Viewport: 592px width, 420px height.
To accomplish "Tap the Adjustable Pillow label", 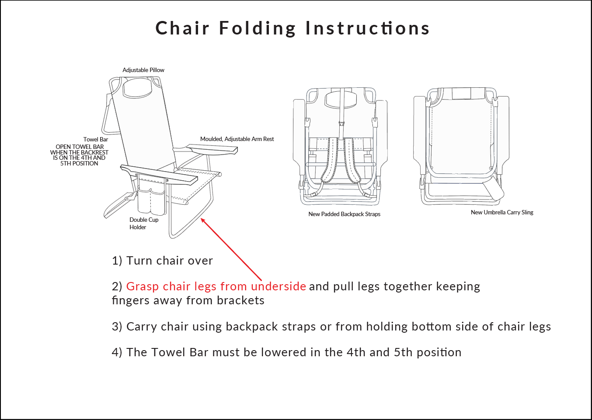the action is point(143,70).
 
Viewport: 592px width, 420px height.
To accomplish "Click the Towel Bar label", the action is point(96,139).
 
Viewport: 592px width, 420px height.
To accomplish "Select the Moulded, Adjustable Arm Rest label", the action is point(237,139).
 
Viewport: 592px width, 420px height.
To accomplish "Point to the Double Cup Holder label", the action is point(144,224).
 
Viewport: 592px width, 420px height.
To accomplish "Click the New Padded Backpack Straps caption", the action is point(344,214).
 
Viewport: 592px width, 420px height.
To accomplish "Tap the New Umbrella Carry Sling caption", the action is point(502,212).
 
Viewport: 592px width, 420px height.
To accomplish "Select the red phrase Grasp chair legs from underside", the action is point(216,286).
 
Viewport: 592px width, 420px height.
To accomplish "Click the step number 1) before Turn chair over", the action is point(117,261).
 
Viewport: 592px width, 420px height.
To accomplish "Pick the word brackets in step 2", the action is point(240,300).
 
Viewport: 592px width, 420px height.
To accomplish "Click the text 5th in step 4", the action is point(403,352).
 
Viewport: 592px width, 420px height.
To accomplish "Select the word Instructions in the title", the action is point(368,28).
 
